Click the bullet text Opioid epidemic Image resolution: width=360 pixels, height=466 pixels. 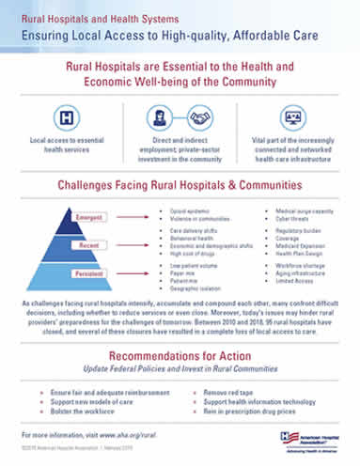(188, 213)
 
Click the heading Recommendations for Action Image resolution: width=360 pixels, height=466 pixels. (180, 356)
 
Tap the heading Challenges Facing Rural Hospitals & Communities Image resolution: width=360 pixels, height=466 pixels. (180, 185)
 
